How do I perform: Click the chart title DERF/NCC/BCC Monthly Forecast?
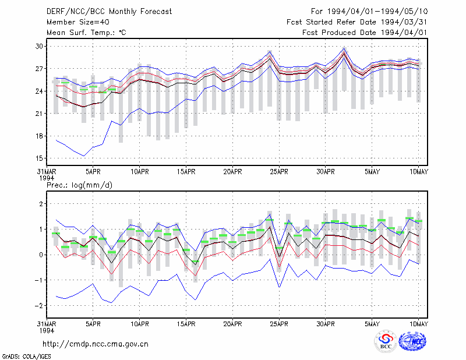click(109, 12)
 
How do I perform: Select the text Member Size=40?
click(78, 22)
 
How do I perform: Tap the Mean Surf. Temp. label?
click(86, 33)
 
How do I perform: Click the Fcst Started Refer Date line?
click(357, 22)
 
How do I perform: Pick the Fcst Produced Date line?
click(365, 33)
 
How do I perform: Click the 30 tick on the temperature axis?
click(39, 47)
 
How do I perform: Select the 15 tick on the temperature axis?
click(39, 158)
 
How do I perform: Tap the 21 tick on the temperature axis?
click(39, 114)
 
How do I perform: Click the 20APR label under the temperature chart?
click(232, 172)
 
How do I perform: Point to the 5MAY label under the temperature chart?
click(372, 172)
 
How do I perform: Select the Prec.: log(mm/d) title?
click(80, 185)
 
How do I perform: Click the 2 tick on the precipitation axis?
click(41, 204)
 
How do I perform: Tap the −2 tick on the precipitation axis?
click(38, 306)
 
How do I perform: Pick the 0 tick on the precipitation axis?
click(41, 255)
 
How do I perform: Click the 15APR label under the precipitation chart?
click(186, 324)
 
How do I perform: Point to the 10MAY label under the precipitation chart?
click(418, 324)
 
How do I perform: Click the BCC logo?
click(386, 341)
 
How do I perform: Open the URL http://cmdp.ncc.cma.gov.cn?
click(96, 344)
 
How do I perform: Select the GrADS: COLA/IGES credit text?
click(26, 357)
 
